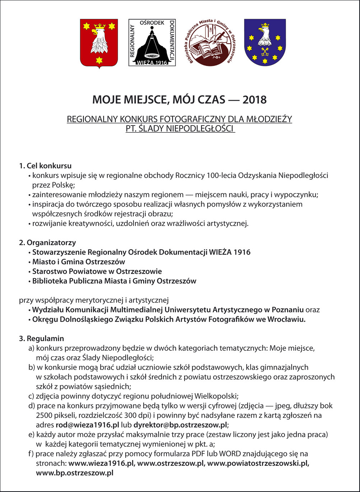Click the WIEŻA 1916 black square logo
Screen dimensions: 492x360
(152, 43)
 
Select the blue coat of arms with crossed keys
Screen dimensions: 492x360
(265, 43)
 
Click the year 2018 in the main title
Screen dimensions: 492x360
(254, 99)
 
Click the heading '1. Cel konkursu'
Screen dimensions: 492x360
(45, 166)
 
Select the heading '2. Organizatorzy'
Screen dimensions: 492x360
(47, 243)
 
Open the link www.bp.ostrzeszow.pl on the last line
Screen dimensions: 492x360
(75, 473)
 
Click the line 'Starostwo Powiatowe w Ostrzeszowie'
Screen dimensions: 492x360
(97, 271)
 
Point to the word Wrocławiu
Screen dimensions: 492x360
(287, 319)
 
